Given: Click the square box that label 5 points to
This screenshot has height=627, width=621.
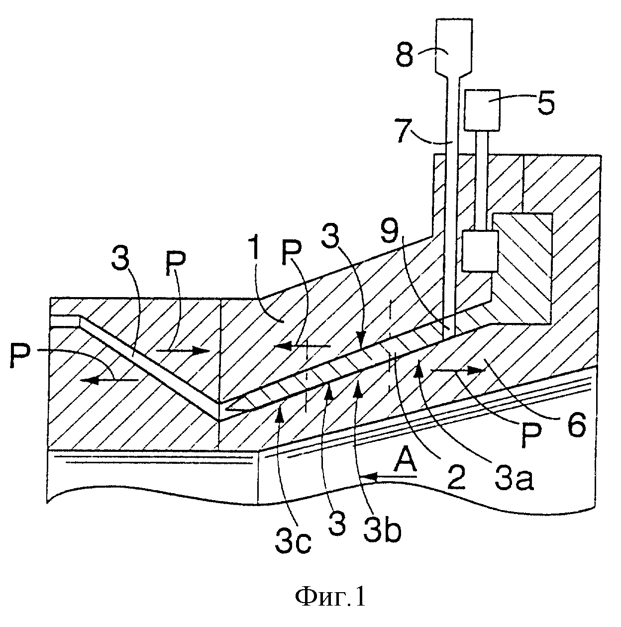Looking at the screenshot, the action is [x=483, y=110].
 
